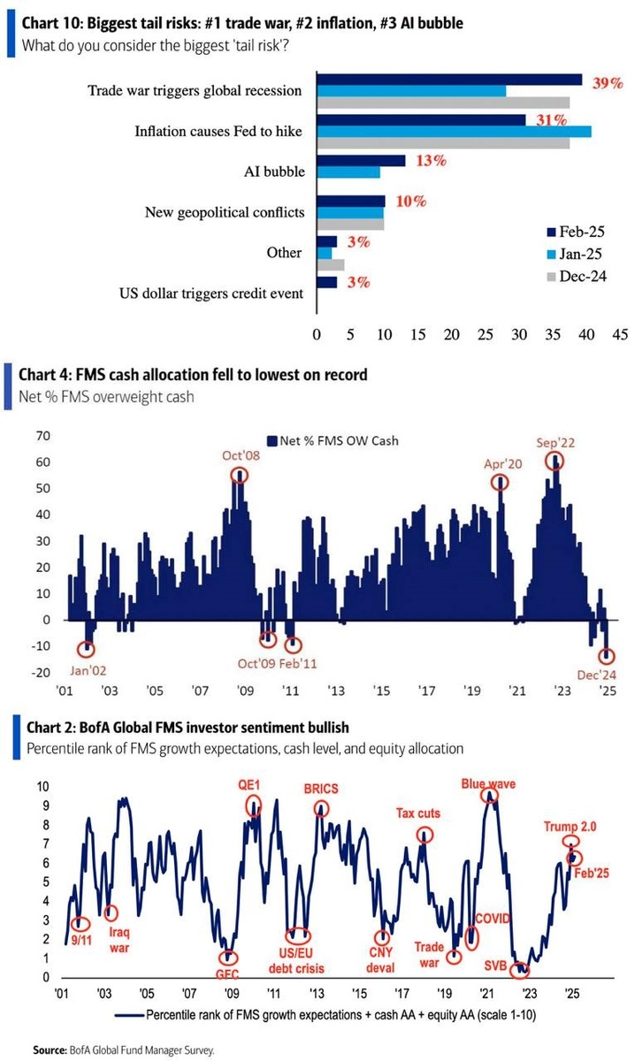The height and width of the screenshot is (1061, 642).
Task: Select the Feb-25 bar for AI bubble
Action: click(x=361, y=161)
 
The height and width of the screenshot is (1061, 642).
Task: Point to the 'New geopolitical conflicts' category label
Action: click(x=224, y=212)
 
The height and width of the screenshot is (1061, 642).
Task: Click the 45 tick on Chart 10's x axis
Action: click(x=619, y=335)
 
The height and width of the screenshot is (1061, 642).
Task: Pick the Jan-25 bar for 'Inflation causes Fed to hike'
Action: click(x=454, y=132)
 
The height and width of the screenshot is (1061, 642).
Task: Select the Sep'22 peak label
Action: click(x=554, y=441)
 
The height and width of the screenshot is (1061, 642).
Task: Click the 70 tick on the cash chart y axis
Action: click(x=41, y=436)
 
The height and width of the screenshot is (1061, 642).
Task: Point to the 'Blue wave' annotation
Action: click(x=488, y=783)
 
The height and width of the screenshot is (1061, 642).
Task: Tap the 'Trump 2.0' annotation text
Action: click(x=569, y=827)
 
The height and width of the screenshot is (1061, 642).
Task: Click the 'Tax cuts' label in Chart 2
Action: click(x=417, y=813)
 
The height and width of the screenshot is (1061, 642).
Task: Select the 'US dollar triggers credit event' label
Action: click(x=212, y=293)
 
